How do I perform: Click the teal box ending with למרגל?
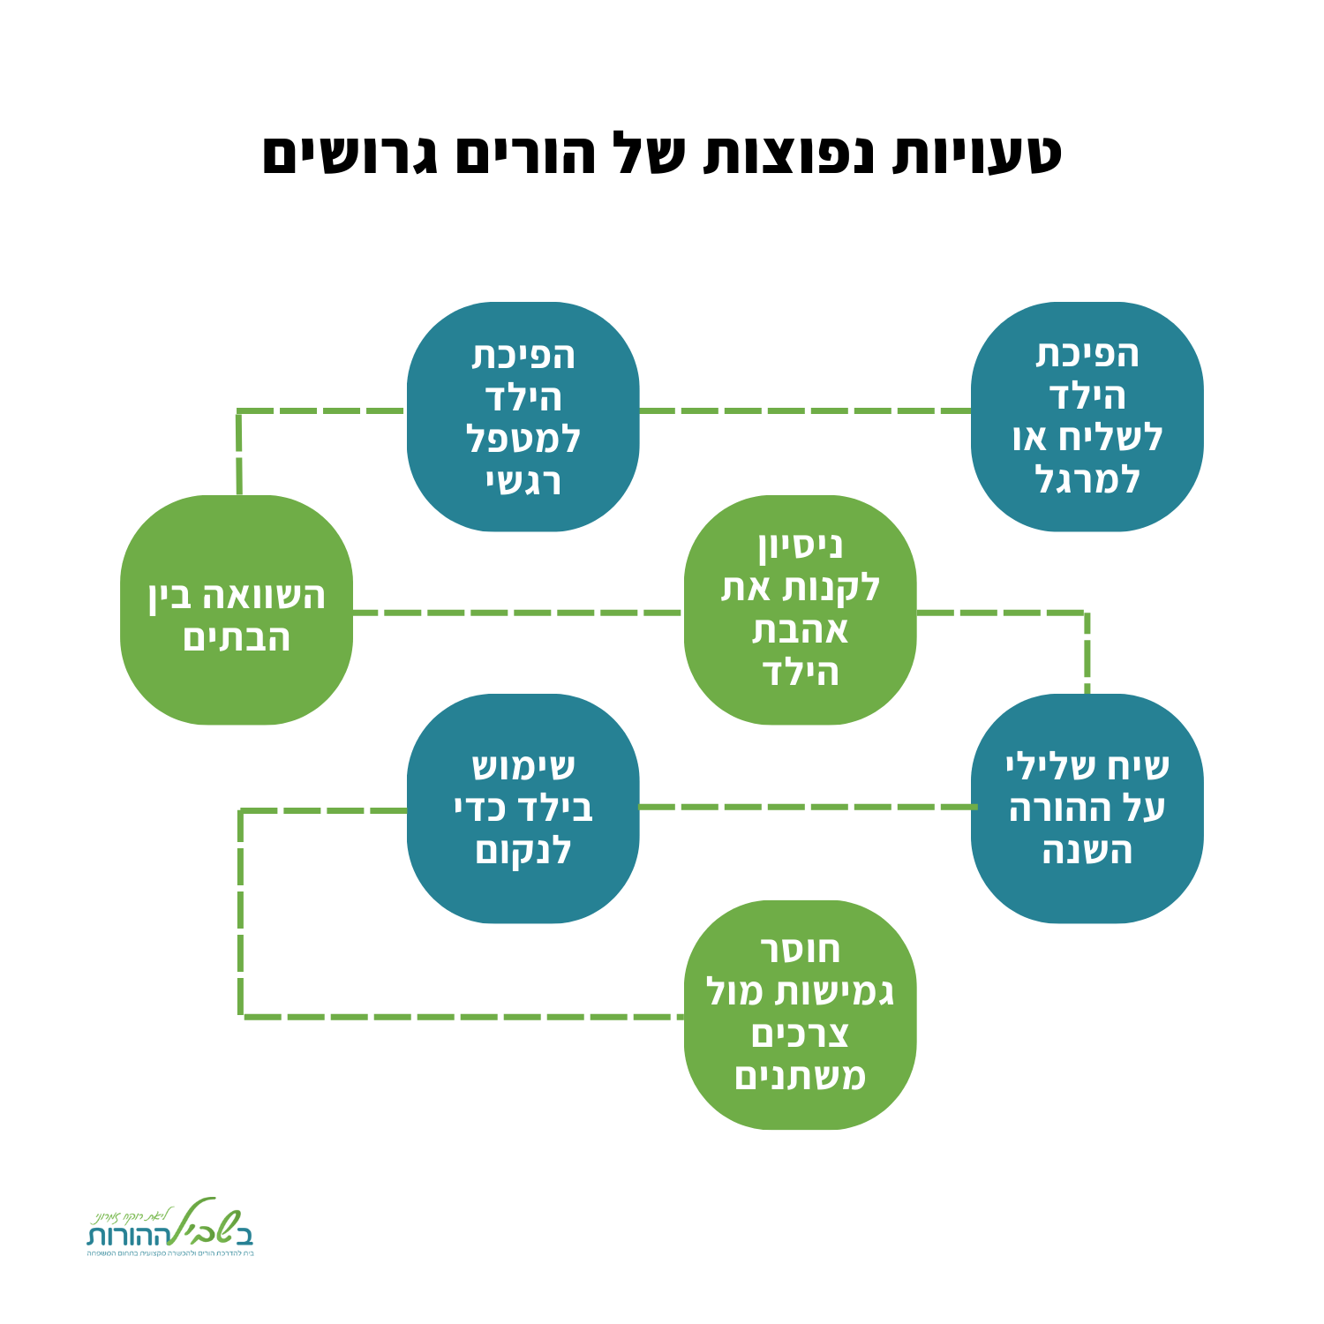(1087, 417)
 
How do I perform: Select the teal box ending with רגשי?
(523, 417)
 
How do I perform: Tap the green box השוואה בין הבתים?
(237, 610)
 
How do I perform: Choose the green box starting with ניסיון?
(800, 610)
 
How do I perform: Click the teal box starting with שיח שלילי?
(1087, 809)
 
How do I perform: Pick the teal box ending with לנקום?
(523, 809)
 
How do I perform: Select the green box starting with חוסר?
(800, 1015)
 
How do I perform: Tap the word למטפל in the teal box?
(523, 439)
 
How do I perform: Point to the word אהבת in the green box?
(800, 630)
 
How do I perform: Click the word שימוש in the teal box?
(523, 766)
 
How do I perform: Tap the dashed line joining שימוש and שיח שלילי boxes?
(805, 807)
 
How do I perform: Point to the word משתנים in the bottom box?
(800, 1077)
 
